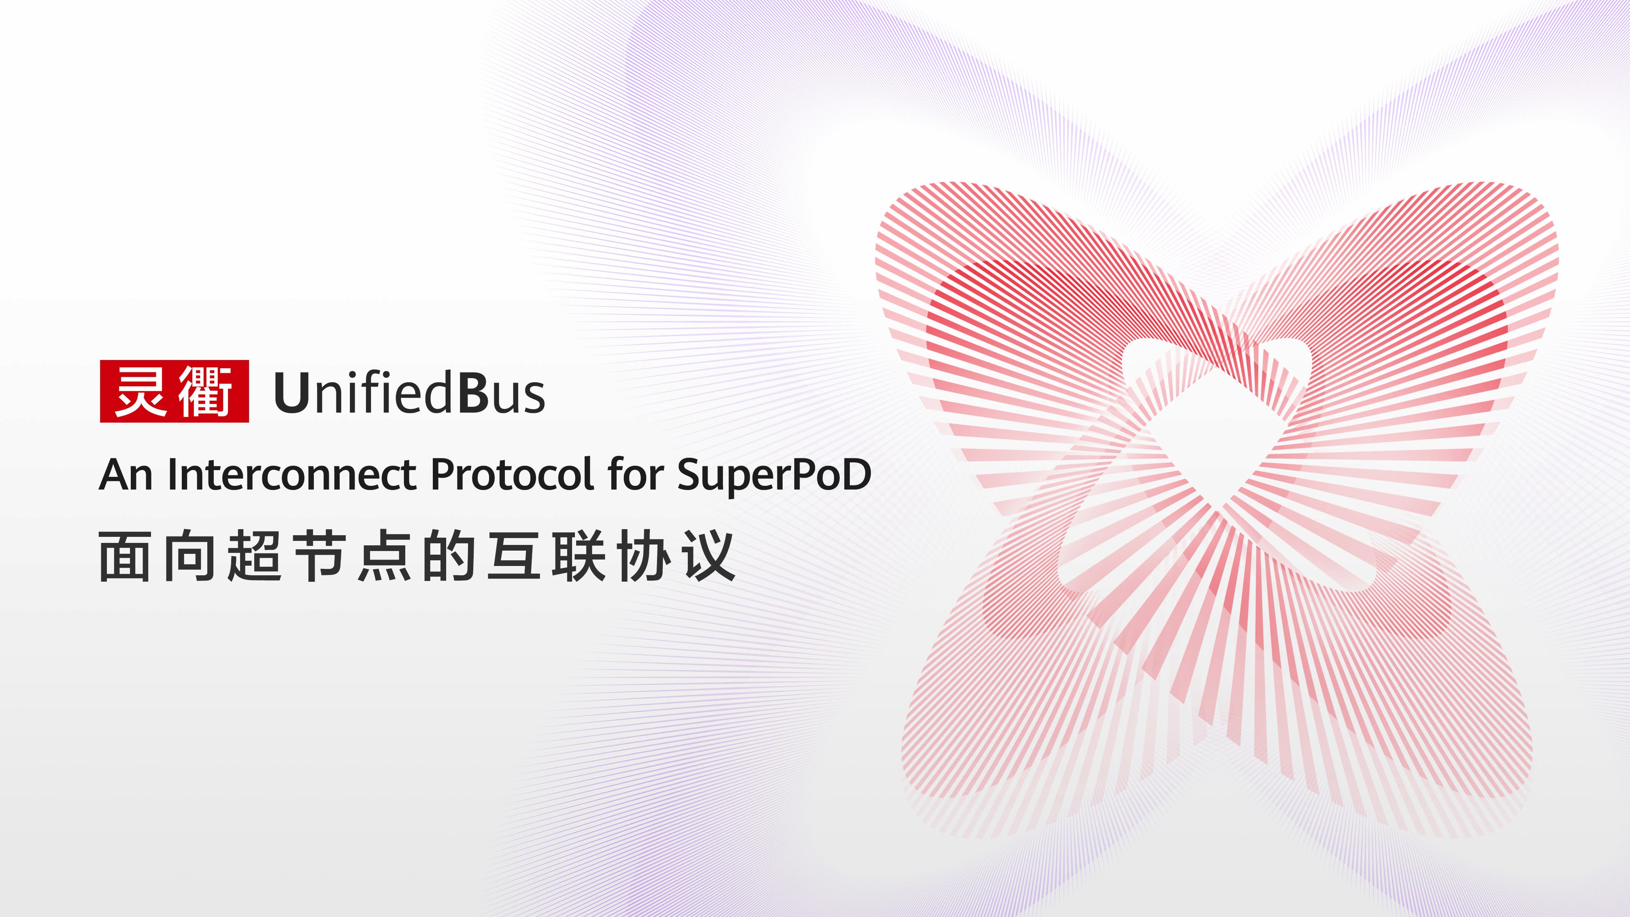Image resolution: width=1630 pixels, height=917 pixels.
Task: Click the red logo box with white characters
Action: click(174, 391)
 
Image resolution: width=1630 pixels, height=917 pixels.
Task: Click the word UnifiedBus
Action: click(409, 392)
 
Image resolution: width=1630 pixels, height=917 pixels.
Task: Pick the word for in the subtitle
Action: click(635, 474)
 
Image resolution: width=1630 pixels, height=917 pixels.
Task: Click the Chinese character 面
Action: click(125, 557)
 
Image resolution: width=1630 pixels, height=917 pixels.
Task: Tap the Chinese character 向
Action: click(190, 557)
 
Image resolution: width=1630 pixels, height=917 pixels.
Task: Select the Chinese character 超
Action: click(254, 557)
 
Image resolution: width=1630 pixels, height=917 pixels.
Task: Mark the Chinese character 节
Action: click(319, 557)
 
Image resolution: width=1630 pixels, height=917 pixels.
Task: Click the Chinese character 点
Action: click(385, 557)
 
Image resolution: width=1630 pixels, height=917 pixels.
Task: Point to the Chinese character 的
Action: click(449, 557)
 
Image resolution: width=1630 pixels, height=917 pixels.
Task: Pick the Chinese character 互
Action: click(514, 557)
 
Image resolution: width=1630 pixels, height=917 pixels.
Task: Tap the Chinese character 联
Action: click(579, 557)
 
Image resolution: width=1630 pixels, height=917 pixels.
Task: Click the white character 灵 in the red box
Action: click(141, 391)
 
